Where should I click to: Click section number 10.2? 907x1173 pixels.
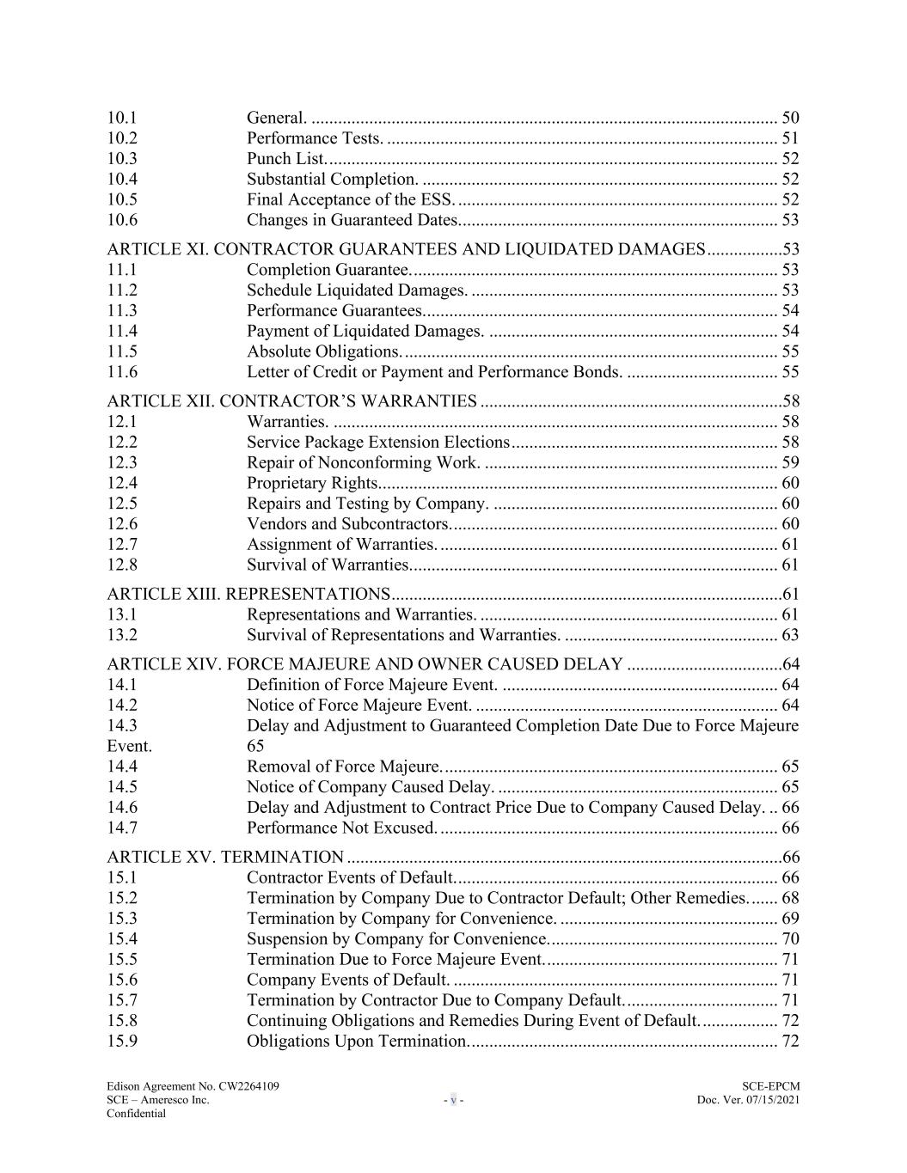click(x=122, y=138)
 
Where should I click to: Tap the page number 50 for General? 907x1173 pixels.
click(x=790, y=118)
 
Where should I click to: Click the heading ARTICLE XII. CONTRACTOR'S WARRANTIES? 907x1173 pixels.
click(x=291, y=401)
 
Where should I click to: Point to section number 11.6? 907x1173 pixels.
click(x=122, y=372)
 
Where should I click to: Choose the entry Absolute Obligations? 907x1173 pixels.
click(x=324, y=351)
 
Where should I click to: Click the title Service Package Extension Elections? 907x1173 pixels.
click(x=378, y=443)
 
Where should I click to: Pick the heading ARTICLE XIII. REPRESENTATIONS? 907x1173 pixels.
click(x=248, y=594)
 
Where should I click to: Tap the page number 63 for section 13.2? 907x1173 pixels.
click(x=790, y=635)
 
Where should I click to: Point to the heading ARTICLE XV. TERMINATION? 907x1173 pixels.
click(x=225, y=857)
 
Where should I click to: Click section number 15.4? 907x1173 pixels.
click(x=122, y=939)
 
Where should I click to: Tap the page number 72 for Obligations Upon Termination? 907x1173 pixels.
click(x=790, y=1042)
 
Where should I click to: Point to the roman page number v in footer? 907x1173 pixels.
click(x=453, y=1100)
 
